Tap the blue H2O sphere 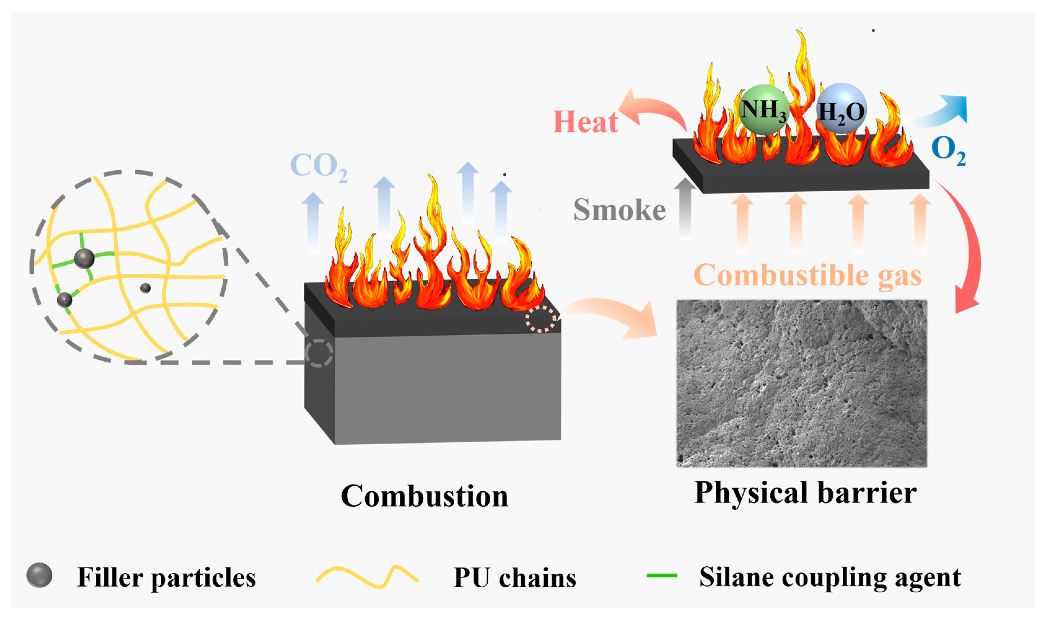(x=841, y=109)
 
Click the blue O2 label (x=948, y=150)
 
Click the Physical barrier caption (x=805, y=493)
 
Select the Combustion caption (x=424, y=496)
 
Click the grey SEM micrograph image (x=801, y=383)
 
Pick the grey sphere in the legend (x=39, y=576)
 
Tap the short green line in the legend (x=662, y=576)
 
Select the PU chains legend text (x=515, y=577)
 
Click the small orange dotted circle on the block (x=540, y=319)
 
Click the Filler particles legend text (x=166, y=577)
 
